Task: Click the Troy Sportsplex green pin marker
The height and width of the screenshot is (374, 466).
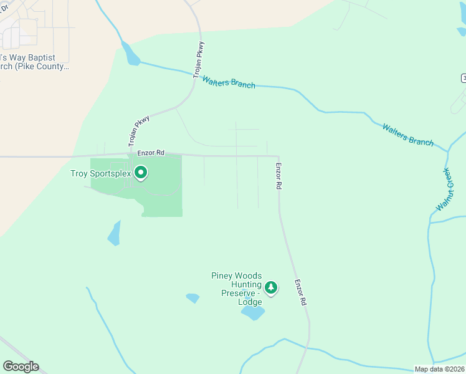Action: (x=141, y=172)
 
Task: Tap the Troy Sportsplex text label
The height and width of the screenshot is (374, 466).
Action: (x=100, y=174)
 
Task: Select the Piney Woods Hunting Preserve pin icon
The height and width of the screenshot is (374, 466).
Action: (x=270, y=287)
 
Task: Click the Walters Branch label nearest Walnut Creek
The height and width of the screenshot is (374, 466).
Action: (x=407, y=135)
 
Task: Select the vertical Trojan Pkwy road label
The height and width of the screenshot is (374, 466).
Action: (x=200, y=60)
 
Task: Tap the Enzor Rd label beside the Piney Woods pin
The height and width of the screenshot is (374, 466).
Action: (x=300, y=292)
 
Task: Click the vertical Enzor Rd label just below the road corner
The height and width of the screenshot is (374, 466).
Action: (x=278, y=177)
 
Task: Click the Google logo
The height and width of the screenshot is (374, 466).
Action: (x=21, y=367)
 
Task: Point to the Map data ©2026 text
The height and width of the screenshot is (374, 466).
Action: (x=439, y=369)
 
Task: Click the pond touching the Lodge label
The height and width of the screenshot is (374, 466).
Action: (x=253, y=312)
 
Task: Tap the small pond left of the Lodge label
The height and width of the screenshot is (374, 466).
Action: (x=193, y=298)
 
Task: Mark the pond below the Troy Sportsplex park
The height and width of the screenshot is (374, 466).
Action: (x=114, y=234)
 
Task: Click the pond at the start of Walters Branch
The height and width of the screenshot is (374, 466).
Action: (x=131, y=55)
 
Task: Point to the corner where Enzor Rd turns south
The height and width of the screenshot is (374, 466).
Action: (x=278, y=157)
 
